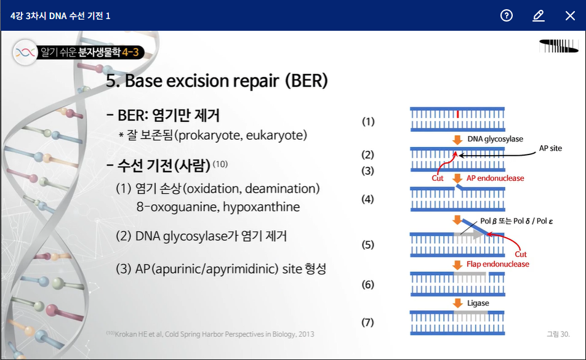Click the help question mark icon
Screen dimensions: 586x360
(507, 15)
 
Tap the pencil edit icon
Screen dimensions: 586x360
(538, 15)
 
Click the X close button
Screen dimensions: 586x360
(570, 15)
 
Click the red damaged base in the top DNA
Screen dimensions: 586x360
(457, 114)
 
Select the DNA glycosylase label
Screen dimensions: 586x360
(495, 139)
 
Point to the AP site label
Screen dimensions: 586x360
(550, 148)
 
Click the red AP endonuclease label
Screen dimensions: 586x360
(495, 178)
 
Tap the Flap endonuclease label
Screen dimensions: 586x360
(498, 264)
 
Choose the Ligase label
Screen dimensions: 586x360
(478, 303)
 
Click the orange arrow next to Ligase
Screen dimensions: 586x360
(457, 303)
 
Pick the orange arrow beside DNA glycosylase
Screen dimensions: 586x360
(457, 140)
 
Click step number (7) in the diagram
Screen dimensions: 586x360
(367, 322)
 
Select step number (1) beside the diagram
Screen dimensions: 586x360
(368, 121)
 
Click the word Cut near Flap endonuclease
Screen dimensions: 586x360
(521, 254)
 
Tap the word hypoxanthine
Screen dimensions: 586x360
(261, 207)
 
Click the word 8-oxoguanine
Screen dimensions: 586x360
(177, 207)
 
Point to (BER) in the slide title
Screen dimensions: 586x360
(307, 80)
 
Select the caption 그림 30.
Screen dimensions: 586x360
(558, 334)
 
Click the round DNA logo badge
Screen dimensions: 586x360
(25, 52)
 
